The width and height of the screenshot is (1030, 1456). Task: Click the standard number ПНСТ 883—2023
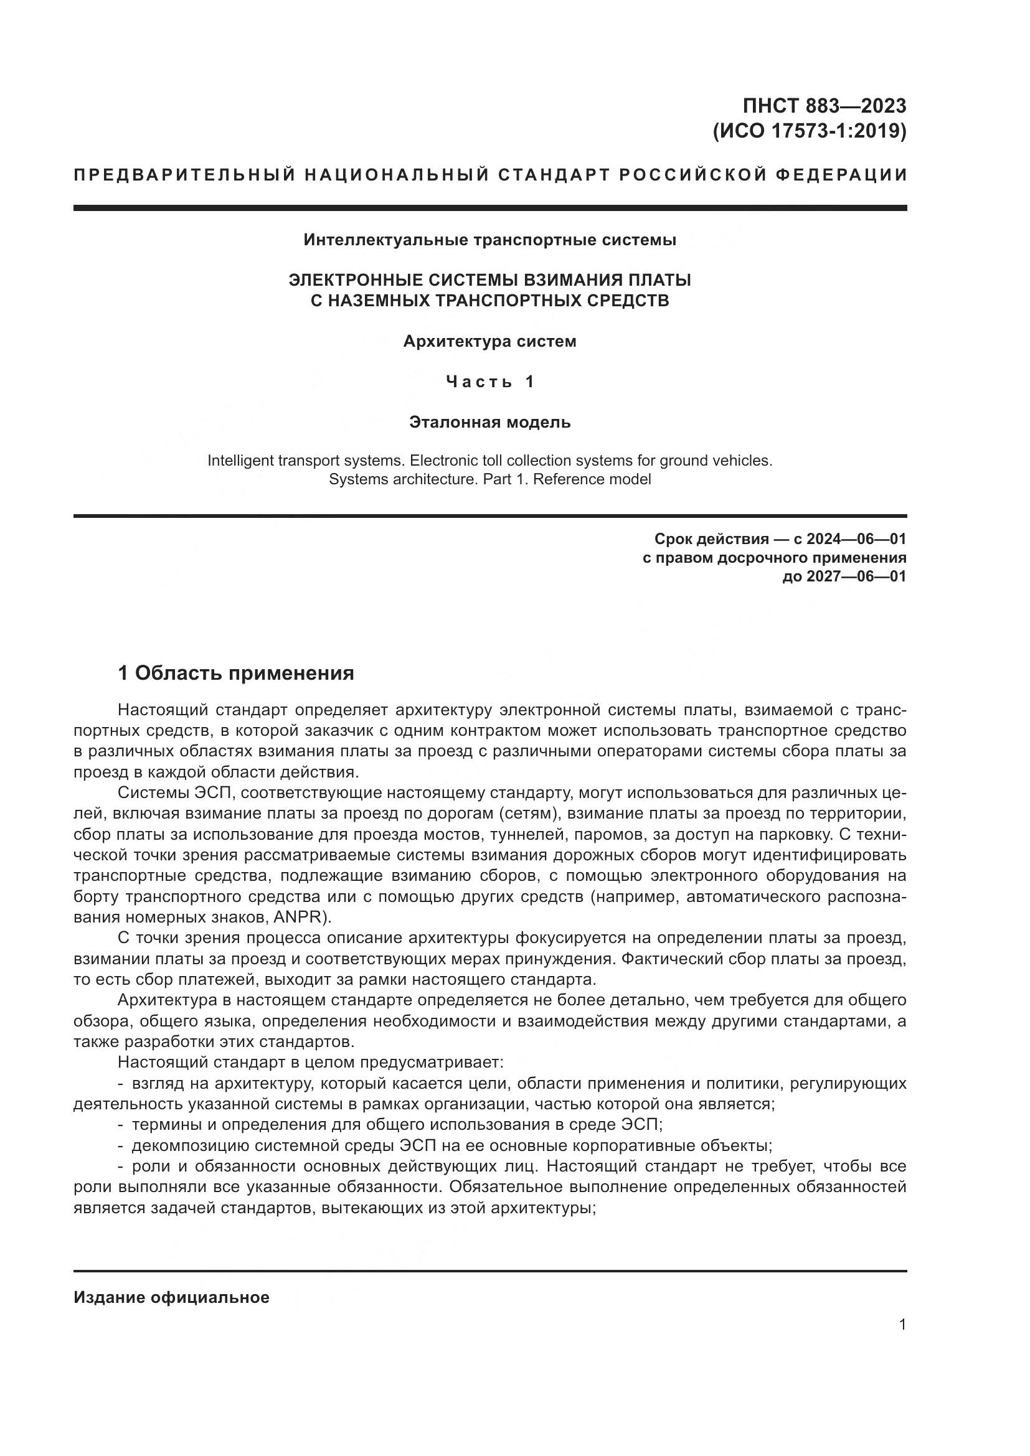click(x=824, y=105)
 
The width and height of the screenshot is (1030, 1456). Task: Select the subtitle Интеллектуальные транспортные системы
click(x=489, y=240)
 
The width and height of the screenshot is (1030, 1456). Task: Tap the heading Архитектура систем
click(x=489, y=342)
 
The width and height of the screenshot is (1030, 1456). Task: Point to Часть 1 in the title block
click(x=489, y=382)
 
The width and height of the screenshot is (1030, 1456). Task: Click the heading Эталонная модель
click(x=489, y=422)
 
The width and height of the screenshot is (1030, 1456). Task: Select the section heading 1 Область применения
click(x=236, y=674)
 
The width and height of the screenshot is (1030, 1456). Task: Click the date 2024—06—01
click(x=856, y=540)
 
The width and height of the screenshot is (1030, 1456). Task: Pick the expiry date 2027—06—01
click(x=856, y=576)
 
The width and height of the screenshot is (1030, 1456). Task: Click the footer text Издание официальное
click(x=171, y=1297)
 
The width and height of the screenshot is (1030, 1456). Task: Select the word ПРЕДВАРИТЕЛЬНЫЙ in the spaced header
click(x=184, y=175)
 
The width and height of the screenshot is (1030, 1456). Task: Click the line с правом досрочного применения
click(x=775, y=558)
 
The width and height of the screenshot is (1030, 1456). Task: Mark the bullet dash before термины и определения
click(x=121, y=1125)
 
